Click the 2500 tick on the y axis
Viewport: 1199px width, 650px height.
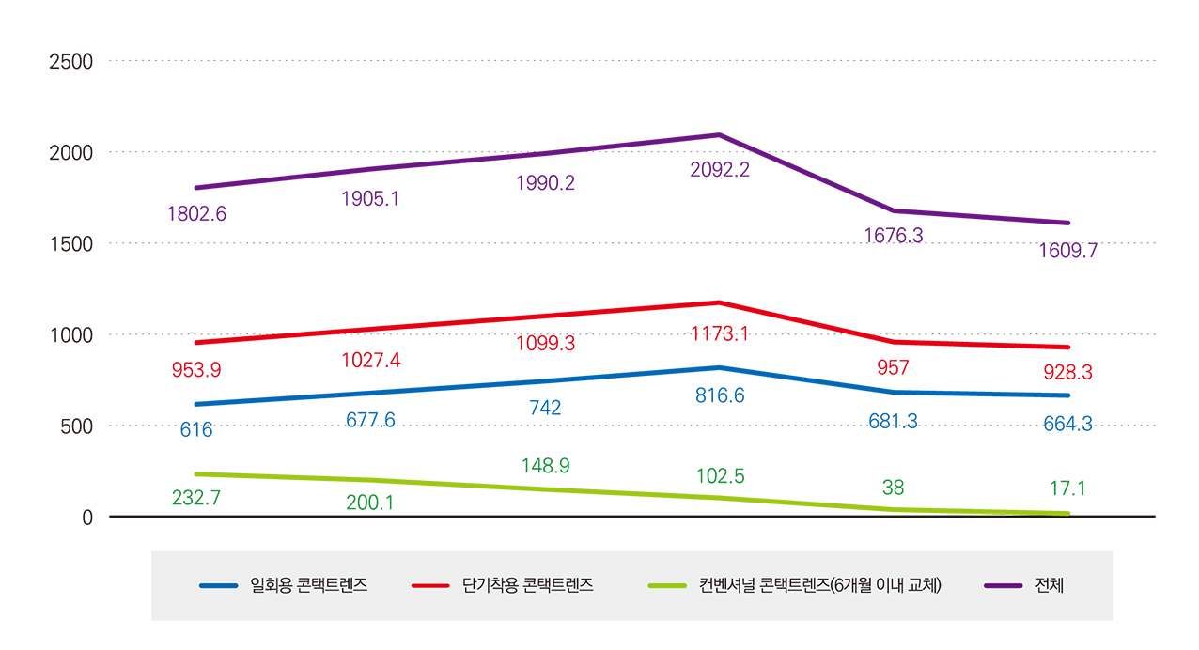point(70,61)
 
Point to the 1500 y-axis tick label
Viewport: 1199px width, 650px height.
point(70,243)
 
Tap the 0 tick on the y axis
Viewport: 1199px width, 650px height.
point(86,518)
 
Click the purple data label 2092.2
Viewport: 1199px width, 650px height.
point(720,170)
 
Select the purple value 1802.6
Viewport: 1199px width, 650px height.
point(196,214)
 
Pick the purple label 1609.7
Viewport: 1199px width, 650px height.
point(1067,252)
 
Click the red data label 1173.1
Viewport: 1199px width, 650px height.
point(720,333)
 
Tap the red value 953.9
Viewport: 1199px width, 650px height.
point(196,370)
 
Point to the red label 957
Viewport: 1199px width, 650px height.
point(894,367)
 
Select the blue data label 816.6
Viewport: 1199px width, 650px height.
point(720,396)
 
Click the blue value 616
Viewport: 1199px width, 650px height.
point(196,430)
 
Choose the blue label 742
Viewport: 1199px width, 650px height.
point(545,408)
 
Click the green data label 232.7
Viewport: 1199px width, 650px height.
point(196,499)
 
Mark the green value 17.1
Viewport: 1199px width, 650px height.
point(1067,489)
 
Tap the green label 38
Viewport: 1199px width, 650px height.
point(894,487)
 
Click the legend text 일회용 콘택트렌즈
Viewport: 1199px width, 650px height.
point(309,586)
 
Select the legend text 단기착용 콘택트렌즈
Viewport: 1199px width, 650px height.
point(528,586)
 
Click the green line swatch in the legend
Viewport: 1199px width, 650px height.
point(668,586)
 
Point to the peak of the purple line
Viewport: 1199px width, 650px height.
point(719,135)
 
